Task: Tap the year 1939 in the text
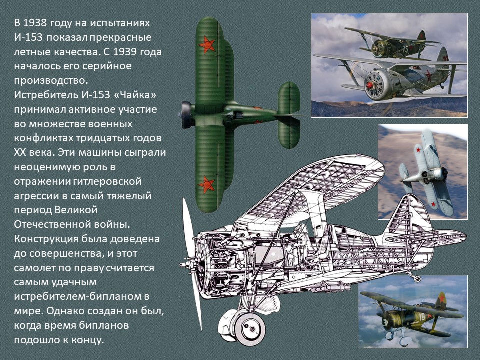click(125, 52)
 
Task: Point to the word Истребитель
click(46, 95)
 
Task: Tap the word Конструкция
click(45, 239)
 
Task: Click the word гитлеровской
click(107, 181)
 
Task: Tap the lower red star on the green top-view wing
click(207, 185)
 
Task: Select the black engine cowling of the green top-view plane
click(186, 115)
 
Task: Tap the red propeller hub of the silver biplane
click(370, 85)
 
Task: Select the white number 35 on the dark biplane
click(405, 49)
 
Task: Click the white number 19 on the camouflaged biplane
click(422, 317)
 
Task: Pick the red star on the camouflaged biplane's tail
click(441, 298)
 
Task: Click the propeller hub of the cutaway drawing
click(184, 264)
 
